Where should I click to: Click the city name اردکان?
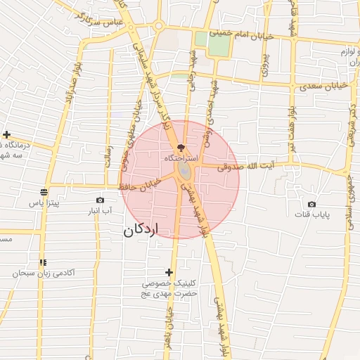[x=141, y=230]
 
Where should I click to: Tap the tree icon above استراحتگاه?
[x=182, y=148]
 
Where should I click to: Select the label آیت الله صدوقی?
[x=244, y=167]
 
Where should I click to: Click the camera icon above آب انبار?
[x=100, y=200]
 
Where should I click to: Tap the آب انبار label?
[x=100, y=211]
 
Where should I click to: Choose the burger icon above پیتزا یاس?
[x=44, y=192]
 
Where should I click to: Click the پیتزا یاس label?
[x=44, y=202]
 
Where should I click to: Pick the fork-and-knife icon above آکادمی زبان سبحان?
[x=44, y=262]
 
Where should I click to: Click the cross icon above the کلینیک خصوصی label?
[x=169, y=272]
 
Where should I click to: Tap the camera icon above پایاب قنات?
[x=311, y=205]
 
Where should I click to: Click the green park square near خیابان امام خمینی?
[x=219, y=44]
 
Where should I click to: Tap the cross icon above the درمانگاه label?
[x=6, y=134]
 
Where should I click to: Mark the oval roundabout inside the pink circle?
[x=184, y=171]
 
